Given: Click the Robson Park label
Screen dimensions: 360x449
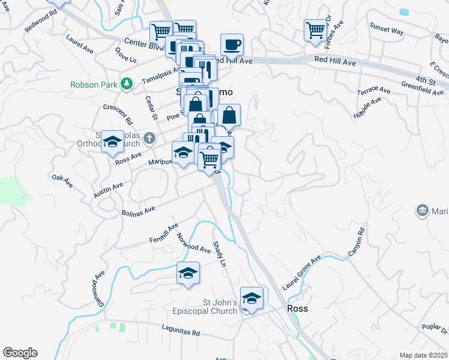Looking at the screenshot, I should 93,85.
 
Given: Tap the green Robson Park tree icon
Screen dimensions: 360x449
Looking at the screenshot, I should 126,84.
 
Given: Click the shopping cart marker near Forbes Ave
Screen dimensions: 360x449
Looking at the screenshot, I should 315,29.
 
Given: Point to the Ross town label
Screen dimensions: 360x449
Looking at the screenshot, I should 297,308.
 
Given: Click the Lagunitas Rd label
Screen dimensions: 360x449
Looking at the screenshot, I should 180,328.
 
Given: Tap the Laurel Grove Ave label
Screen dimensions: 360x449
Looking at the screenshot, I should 302,273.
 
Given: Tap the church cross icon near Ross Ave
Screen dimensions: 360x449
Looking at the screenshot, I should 150,139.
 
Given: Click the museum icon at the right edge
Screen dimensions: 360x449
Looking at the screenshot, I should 422,211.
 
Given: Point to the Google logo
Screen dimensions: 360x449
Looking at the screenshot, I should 20,353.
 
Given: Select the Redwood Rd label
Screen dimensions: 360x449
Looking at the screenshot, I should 43,23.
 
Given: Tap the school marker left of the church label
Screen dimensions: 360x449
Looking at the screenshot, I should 112,142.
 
